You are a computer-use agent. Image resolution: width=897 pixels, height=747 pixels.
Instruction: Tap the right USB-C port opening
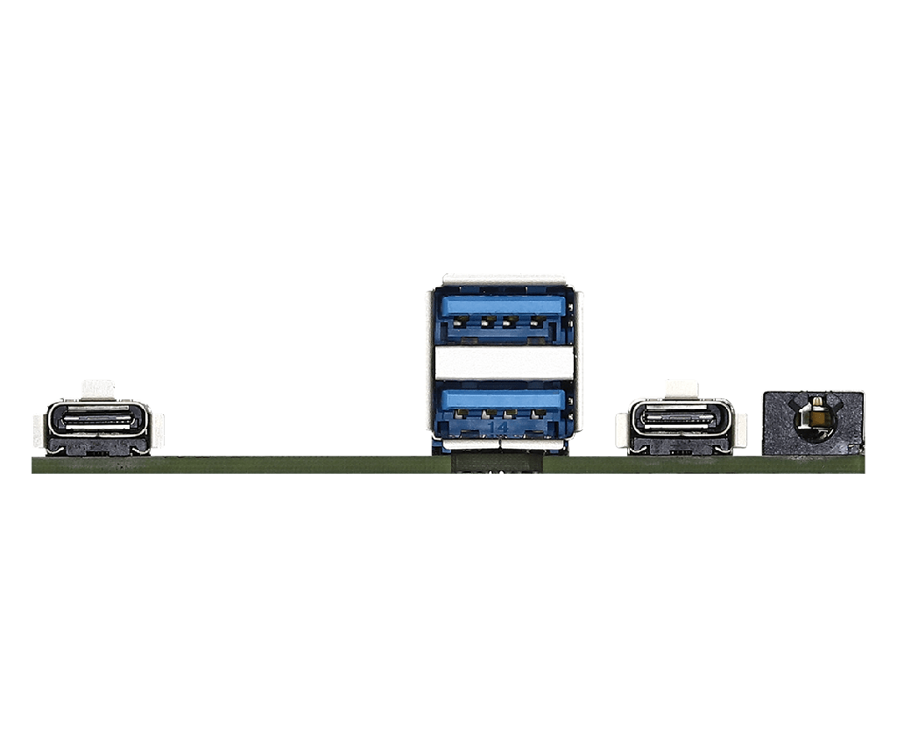(x=681, y=420)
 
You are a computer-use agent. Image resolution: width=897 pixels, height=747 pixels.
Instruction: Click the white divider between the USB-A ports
(x=503, y=363)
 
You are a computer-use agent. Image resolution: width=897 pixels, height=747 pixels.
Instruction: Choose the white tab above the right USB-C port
(x=682, y=387)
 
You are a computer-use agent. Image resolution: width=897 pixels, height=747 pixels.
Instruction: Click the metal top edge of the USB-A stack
(x=503, y=279)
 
